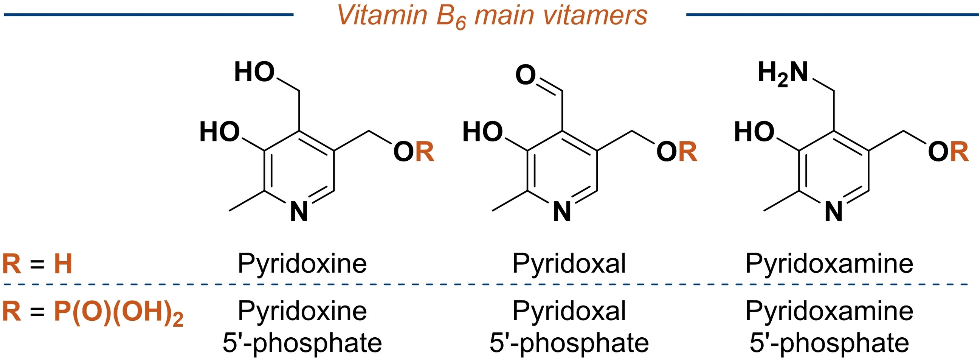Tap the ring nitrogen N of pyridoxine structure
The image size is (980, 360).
(299, 212)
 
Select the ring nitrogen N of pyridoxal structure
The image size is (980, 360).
(562, 212)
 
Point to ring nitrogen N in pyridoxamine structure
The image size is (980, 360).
(834, 212)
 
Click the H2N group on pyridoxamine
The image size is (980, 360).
(783, 73)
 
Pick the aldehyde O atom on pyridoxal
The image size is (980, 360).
(526, 75)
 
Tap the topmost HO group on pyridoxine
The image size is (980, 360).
(254, 72)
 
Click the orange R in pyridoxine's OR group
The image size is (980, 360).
(425, 152)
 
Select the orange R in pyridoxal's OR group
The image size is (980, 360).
(688, 152)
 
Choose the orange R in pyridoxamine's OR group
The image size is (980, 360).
(959, 152)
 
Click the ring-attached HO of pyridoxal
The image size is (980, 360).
(482, 132)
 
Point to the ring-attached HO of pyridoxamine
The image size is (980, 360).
(754, 132)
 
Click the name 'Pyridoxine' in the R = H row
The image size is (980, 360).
(302, 264)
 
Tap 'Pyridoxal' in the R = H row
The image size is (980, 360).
(569, 264)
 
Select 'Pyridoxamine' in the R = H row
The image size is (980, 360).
(830, 264)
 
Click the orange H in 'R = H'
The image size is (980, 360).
(63, 264)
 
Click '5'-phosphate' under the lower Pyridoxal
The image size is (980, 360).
(569, 343)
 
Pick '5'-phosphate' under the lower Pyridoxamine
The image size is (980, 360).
(830, 343)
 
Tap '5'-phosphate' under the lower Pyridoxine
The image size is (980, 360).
(302, 343)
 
